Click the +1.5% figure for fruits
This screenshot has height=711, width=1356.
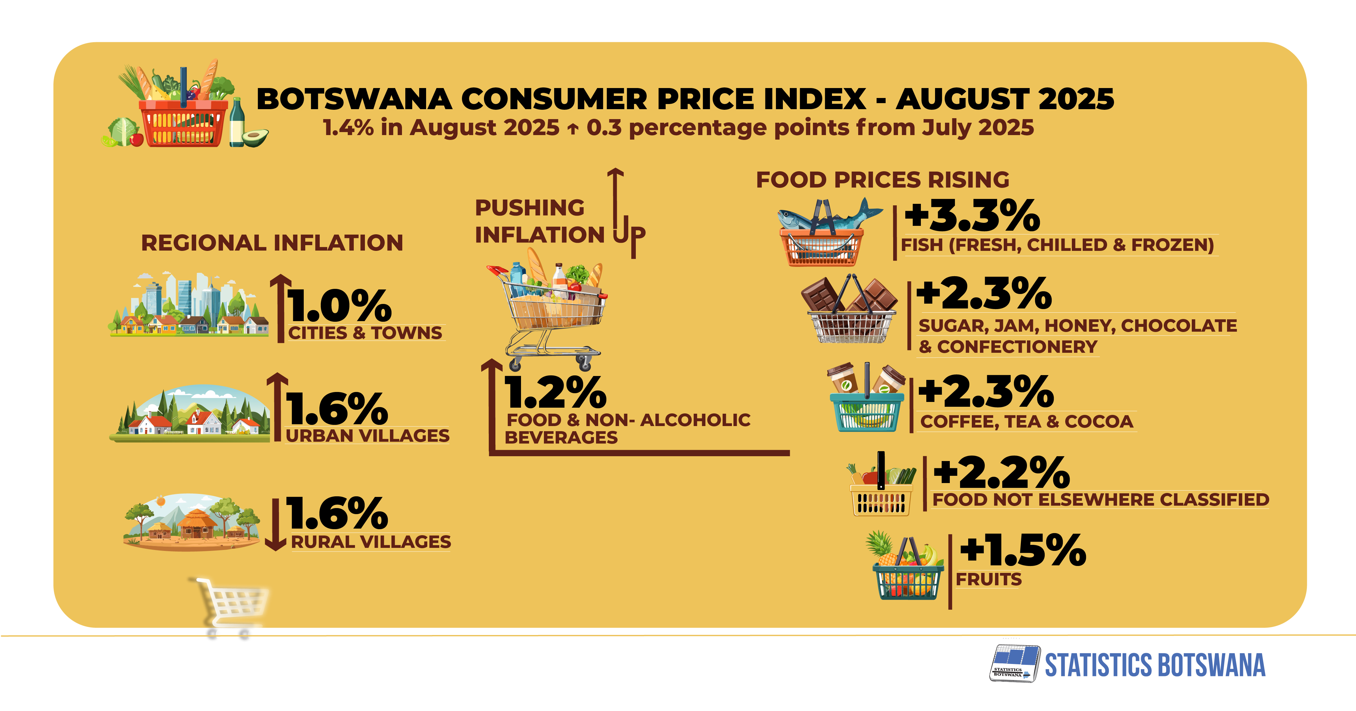coord(1022,550)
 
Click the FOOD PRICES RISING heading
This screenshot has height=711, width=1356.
coord(882,180)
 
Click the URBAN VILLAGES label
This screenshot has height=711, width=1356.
coord(367,436)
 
